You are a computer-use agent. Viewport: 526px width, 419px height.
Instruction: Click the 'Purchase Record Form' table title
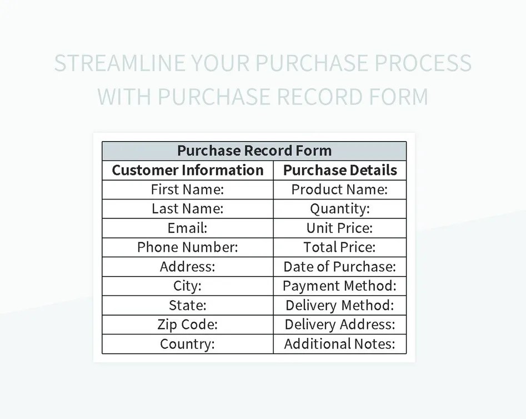254,151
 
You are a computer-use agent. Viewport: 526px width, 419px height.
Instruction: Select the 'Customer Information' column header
188,170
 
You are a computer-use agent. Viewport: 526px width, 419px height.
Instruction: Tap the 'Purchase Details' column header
340,170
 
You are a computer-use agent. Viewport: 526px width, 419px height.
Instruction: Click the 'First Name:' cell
188,189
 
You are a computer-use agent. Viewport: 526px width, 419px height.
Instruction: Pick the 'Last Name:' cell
188,209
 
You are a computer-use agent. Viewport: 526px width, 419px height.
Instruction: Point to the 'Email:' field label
188,228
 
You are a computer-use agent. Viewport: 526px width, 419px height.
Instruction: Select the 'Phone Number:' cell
188,247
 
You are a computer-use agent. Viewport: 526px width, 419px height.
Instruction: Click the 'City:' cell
188,286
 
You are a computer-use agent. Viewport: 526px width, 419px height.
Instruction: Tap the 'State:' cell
188,306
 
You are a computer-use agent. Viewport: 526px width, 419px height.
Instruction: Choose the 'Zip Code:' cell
188,325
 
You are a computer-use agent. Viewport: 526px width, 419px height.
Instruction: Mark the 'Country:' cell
188,344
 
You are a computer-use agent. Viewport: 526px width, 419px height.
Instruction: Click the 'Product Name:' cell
340,189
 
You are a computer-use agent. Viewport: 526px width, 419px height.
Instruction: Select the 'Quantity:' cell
340,209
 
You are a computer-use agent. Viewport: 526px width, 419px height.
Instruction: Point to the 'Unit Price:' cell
340,228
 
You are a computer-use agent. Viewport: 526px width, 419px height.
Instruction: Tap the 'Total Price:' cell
340,247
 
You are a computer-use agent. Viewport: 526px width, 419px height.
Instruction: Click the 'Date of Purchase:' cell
340,267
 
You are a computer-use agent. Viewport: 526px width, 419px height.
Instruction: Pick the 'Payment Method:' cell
340,286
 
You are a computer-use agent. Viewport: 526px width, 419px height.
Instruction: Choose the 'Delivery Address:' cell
340,325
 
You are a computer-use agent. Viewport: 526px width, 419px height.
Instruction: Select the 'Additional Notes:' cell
340,344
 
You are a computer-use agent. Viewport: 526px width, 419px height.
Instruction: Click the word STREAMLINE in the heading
119,64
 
